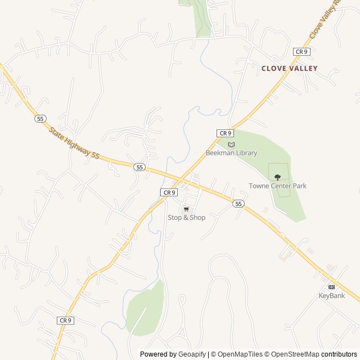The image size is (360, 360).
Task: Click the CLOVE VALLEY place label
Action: [289, 69]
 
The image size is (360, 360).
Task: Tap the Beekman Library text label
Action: [231, 153]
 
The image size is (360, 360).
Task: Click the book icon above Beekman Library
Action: [231, 145]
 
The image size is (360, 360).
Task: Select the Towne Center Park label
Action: [277, 186]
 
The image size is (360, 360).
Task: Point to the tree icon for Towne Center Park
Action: [277, 177]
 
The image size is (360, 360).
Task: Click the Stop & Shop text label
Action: [186, 218]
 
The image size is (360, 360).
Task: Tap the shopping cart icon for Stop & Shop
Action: [186, 209]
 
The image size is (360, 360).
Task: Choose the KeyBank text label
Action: [331, 295]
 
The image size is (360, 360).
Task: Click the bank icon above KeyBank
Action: [331, 287]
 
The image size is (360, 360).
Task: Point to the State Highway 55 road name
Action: [74, 143]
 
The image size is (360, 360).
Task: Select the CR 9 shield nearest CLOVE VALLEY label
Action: [301, 52]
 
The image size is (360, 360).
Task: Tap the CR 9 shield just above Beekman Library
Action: [225, 133]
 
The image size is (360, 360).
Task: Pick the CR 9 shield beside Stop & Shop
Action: [169, 192]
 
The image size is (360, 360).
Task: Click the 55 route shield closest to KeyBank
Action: [239, 203]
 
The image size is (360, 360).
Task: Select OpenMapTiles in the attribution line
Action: [239, 354]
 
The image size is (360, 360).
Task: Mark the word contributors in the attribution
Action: [339, 354]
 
